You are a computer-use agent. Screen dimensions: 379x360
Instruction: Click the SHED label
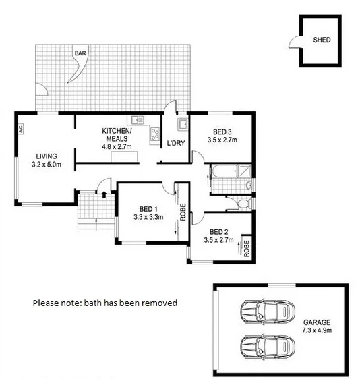click(322, 40)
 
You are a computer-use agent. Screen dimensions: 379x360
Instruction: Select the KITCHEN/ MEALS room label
click(117, 134)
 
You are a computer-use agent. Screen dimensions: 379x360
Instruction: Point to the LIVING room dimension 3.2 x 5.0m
click(47, 164)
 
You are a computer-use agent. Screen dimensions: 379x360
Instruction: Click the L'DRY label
click(175, 143)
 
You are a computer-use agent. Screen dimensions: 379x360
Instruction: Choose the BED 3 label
click(222, 132)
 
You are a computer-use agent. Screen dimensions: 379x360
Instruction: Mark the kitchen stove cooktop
click(154, 133)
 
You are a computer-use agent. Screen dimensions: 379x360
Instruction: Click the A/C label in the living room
click(22, 127)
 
